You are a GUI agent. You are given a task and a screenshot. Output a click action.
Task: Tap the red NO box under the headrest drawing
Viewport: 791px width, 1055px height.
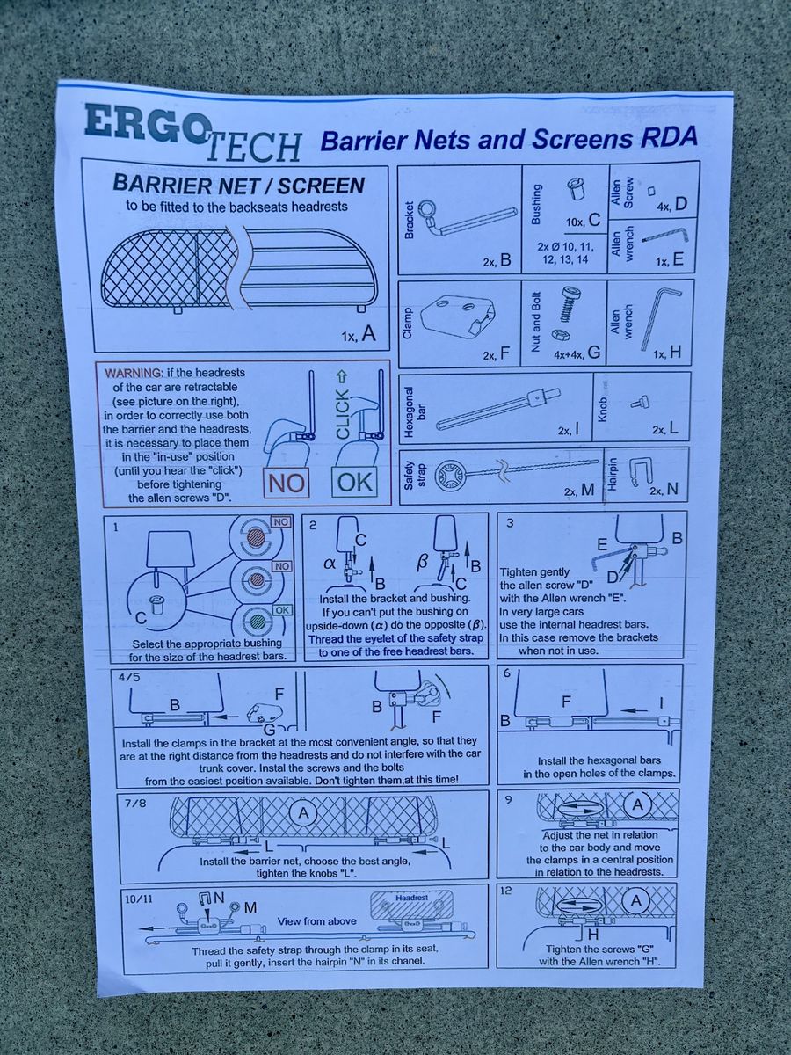pos(287,482)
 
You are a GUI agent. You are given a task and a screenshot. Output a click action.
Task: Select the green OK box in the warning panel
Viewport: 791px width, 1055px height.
pos(354,482)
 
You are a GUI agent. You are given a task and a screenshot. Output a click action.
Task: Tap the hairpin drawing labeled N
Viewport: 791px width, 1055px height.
pos(639,473)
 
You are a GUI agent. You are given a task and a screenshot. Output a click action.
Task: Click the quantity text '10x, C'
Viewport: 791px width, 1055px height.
pos(583,221)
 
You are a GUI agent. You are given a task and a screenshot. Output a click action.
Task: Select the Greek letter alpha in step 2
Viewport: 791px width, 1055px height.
pos(330,564)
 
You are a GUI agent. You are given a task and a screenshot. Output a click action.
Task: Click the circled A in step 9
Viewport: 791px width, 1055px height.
pos(638,804)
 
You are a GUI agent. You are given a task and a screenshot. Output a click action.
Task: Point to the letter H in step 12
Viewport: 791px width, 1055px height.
pos(593,935)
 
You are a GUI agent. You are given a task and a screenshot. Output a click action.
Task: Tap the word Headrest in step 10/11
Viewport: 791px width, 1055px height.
pos(411,898)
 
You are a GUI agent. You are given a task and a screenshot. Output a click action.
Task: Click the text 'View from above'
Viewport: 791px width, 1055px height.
pos(316,920)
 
